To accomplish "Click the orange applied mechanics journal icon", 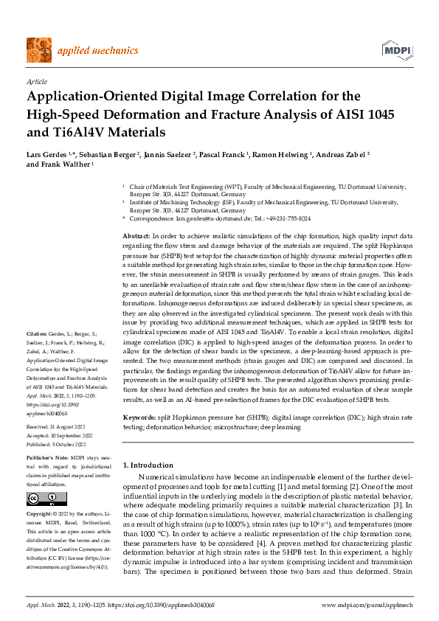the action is [x=38, y=49].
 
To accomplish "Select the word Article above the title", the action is [x=35, y=82].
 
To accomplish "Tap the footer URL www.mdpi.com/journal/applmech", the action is [x=367, y=605].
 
